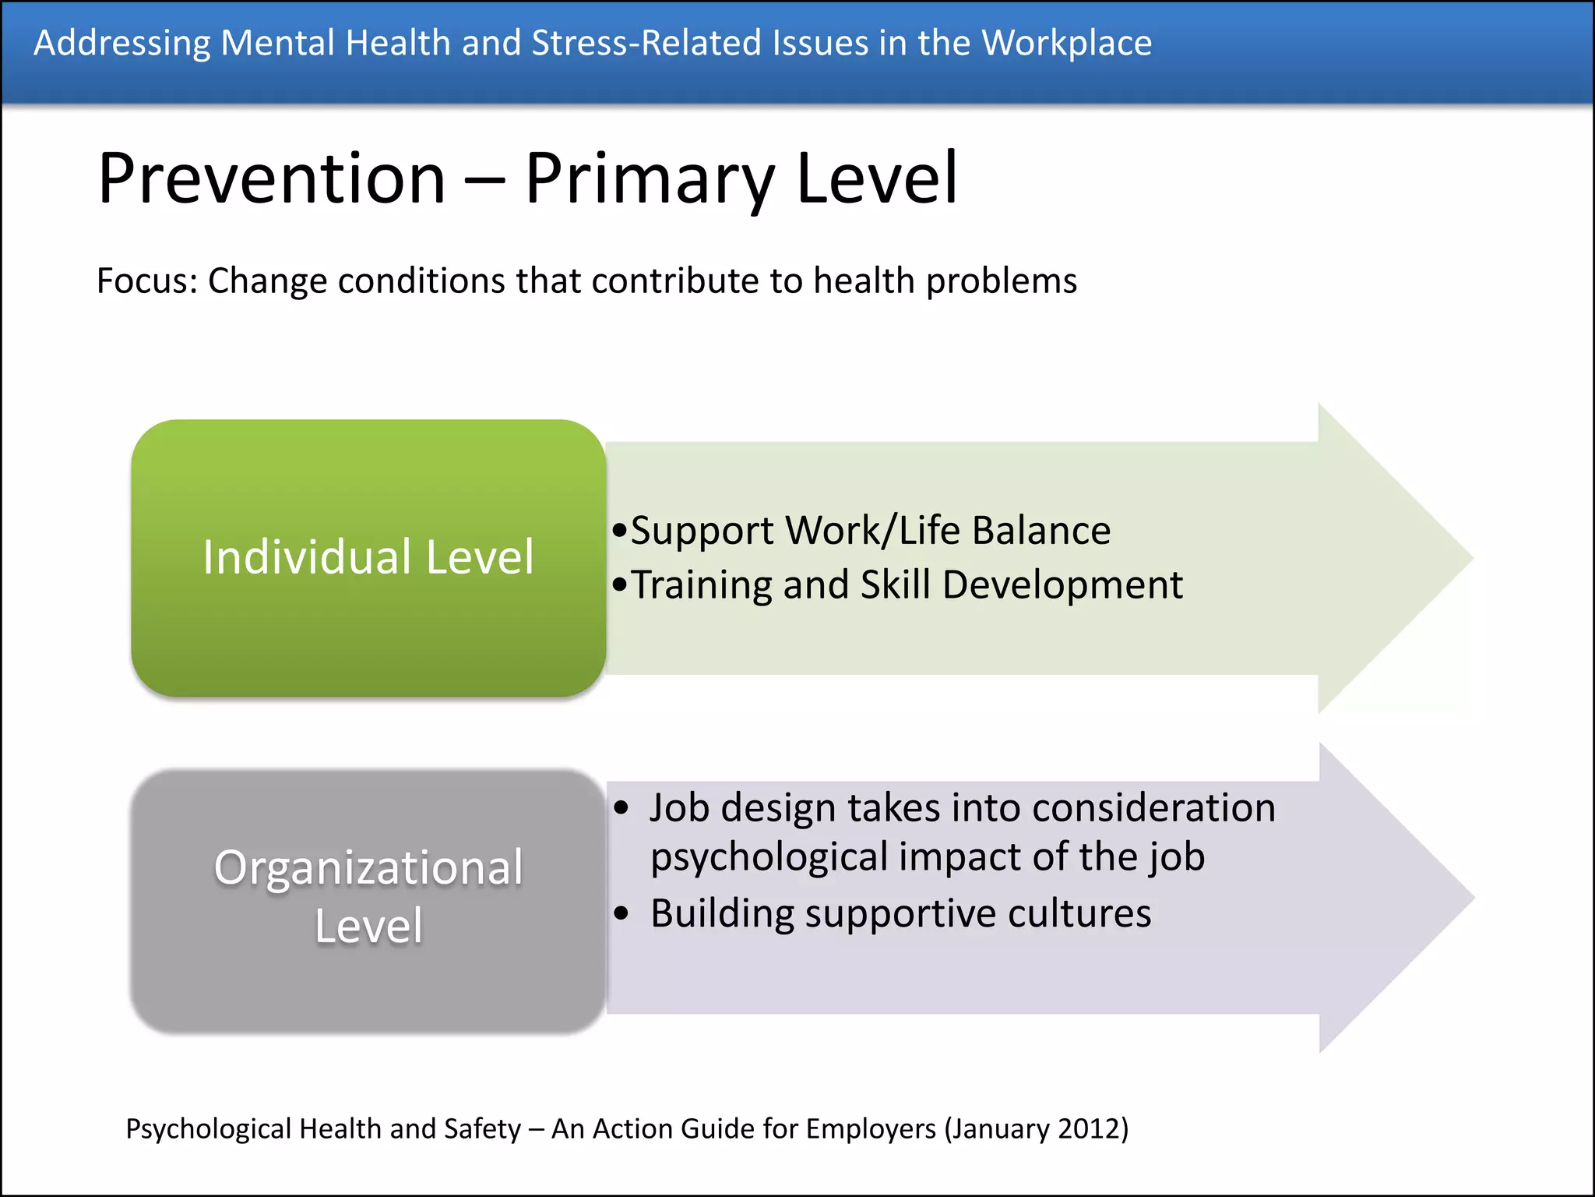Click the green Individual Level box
tap(368, 557)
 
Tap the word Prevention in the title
tap(272, 178)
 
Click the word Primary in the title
tap(650, 178)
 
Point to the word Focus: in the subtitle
tap(147, 281)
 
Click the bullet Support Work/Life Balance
tap(870, 531)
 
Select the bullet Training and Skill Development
tap(906, 584)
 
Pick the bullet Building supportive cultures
tap(900, 913)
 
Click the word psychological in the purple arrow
tap(767, 857)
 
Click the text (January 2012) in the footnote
tap(1036, 1128)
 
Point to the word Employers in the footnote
tap(871, 1128)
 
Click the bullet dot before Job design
tap(621, 808)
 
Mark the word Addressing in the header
tap(121, 43)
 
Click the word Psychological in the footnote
tap(208, 1128)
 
